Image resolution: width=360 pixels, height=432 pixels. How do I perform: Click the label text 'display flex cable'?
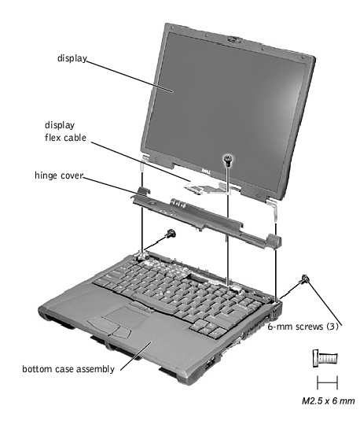(x=65, y=131)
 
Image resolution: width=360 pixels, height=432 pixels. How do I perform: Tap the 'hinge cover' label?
(x=59, y=175)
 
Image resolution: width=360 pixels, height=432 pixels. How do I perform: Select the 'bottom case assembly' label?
(x=68, y=369)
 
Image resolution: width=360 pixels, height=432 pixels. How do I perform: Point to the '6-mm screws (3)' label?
(x=303, y=327)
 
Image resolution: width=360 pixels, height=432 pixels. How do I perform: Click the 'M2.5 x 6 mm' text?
(x=329, y=401)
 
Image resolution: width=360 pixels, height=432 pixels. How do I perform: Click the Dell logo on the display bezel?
(x=205, y=172)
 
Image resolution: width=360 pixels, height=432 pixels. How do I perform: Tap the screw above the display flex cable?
(x=228, y=160)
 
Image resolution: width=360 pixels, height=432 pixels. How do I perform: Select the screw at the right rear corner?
(x=304, y=280)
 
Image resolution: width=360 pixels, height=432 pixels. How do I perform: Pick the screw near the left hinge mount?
(x=171, y=235)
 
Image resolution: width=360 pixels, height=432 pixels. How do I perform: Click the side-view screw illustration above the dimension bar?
(x=325, y=358)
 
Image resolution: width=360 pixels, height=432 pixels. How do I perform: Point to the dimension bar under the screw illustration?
(x=327, y=382)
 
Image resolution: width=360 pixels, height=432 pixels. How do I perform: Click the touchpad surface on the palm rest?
(x=127, y=316)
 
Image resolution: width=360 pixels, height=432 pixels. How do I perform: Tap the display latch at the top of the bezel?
(x=234, y=39)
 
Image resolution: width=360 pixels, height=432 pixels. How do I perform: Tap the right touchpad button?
(x=121, y=333)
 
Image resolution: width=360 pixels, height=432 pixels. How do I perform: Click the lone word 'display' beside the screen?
(x=72, y=58)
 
